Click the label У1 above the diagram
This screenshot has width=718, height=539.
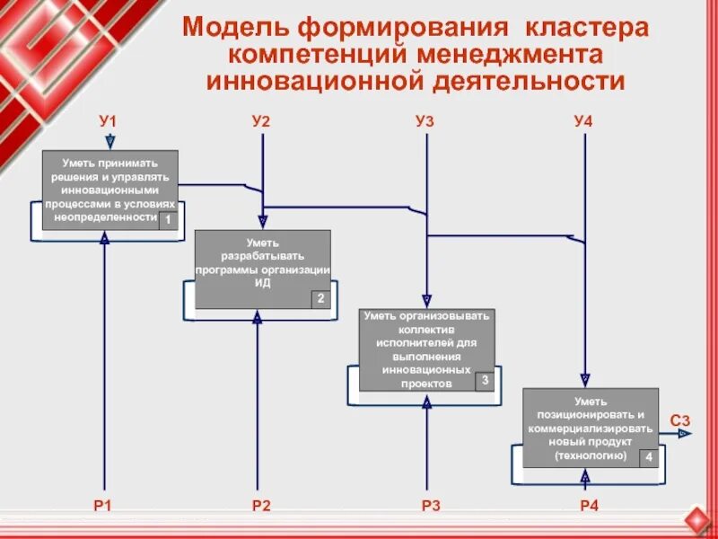109,120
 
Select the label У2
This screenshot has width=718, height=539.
261,120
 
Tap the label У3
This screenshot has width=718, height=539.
425,120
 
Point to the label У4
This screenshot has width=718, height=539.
583,120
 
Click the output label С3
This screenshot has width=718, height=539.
680,420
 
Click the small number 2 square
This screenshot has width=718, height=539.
320,299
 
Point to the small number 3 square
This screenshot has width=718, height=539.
485,381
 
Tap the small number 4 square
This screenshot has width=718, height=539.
648,457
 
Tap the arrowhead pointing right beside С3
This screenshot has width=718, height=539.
686,434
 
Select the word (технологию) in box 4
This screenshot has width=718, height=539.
590,455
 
